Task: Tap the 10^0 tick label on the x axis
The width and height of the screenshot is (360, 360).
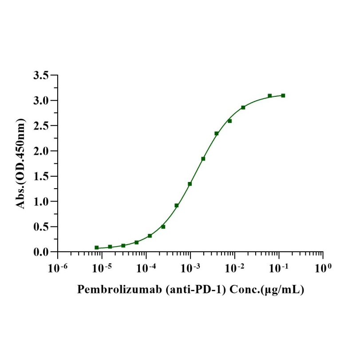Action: point(323,268)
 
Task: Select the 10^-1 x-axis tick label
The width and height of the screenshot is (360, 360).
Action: point(279,268)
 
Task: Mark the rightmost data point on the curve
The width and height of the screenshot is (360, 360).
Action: point(283,95)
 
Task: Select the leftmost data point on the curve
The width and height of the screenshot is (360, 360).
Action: point(97,248)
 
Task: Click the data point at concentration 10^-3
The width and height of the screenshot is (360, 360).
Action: point(190,184)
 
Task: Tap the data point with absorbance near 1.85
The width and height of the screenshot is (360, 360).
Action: point(203,158)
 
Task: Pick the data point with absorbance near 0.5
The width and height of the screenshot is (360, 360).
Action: point(163,227)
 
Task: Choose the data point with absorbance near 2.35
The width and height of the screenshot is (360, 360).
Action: point(217,133)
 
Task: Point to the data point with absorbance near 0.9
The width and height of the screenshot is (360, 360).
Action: point(177,206)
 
